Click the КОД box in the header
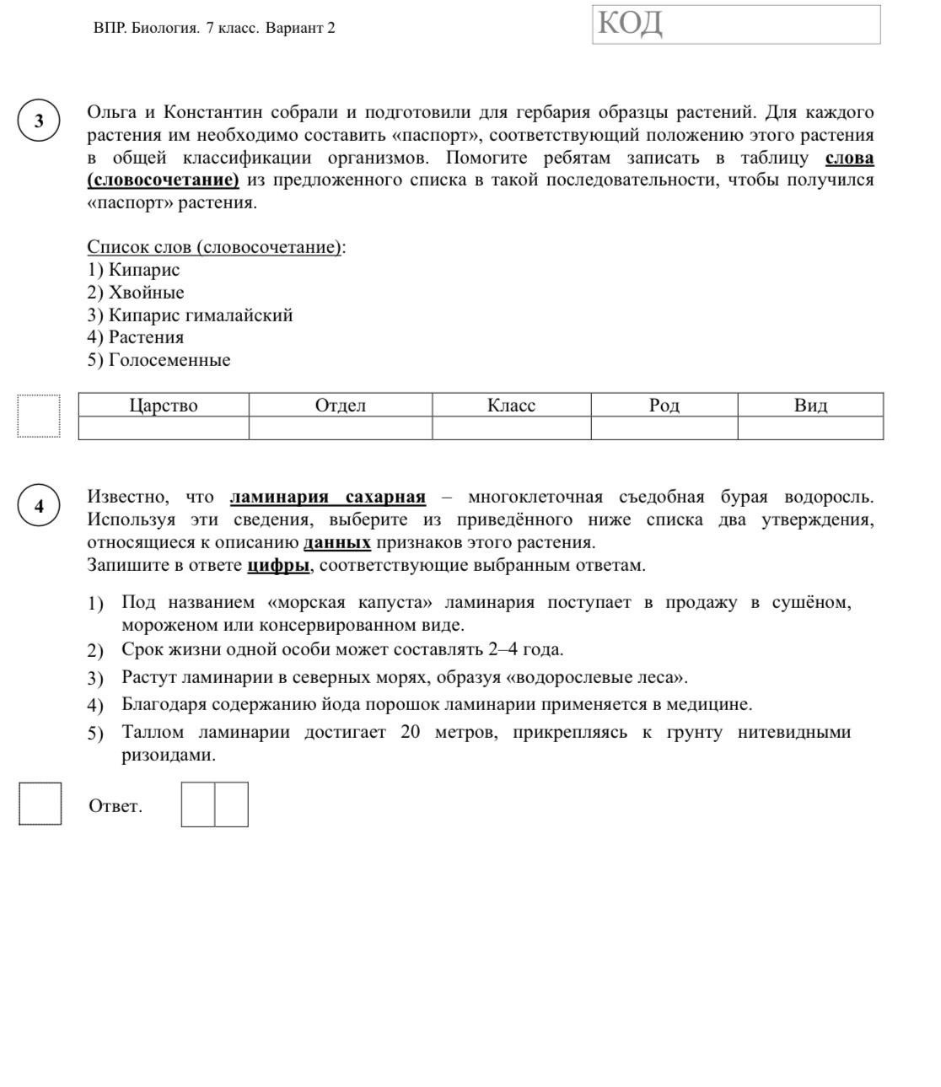[736, 24]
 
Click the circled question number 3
[39, 121]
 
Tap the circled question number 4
[39, 506]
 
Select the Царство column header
[164, 406]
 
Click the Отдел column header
[341, 406]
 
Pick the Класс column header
[511, 406]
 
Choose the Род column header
[664, 406]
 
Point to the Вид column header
[810, 406]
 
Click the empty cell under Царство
[164, 428]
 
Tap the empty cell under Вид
[810, 428]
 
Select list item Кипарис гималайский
[201, 315]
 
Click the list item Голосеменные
[169, 360]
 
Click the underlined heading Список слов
[215, 247]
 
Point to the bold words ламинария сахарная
[327, 498]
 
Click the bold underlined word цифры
[278, 565]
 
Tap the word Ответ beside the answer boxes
[116, 806]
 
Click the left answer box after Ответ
[198, 804]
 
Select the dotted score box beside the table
[39, 416]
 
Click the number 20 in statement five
[410, 732]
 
